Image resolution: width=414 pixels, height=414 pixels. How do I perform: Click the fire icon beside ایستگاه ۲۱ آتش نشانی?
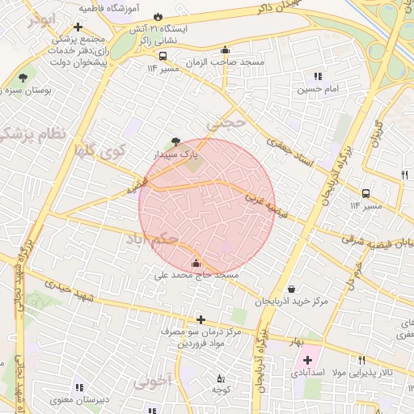click(158, 16)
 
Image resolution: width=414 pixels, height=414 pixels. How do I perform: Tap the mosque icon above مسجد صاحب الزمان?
click(225, 50)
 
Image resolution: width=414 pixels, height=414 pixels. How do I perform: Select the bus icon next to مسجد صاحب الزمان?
click(163, 57)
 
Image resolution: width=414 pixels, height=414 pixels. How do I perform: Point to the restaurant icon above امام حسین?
click(317, 76)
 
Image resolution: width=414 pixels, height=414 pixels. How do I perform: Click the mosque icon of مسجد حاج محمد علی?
click(196, 263)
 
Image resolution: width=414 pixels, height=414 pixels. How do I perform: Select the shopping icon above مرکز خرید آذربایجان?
click(291, 289)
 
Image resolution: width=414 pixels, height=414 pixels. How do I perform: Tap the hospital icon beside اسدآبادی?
click(307, 360)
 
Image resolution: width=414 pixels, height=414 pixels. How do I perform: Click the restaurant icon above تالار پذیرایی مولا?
click(361, 361)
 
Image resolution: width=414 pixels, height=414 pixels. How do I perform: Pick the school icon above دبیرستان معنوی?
click(78, 387)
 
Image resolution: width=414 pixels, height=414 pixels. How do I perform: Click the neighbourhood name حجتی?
click(224, 123)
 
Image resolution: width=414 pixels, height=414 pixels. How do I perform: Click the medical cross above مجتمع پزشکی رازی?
click(78, 27)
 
